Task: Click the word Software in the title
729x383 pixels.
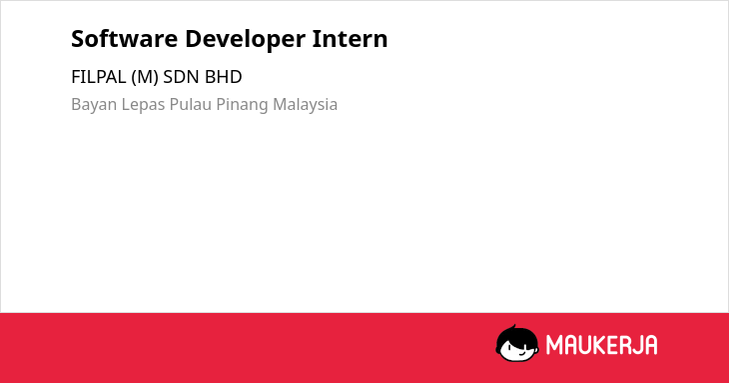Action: click(125, 39)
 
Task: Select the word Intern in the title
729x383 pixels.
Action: click(350, 39)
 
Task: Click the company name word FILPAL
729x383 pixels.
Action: click(99, 77)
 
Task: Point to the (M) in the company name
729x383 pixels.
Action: click(145, 77)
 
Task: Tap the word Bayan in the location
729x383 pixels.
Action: click(94, 105)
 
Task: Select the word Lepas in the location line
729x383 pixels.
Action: click(143, 105)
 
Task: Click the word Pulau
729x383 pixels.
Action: click(190, 104)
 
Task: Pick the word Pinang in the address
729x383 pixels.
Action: click(242, 105)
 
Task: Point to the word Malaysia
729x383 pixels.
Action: click(305, 105)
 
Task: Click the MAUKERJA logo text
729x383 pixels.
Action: click(601, 345)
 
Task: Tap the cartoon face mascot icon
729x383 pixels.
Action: click(517, 344)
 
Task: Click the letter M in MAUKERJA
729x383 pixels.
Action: click(554, 345)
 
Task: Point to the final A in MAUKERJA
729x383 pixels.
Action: click(651, 345)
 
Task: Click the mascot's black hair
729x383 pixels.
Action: click(515, 334)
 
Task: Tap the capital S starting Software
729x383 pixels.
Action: click(78, 39)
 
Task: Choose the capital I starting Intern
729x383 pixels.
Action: click(316, 39)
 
